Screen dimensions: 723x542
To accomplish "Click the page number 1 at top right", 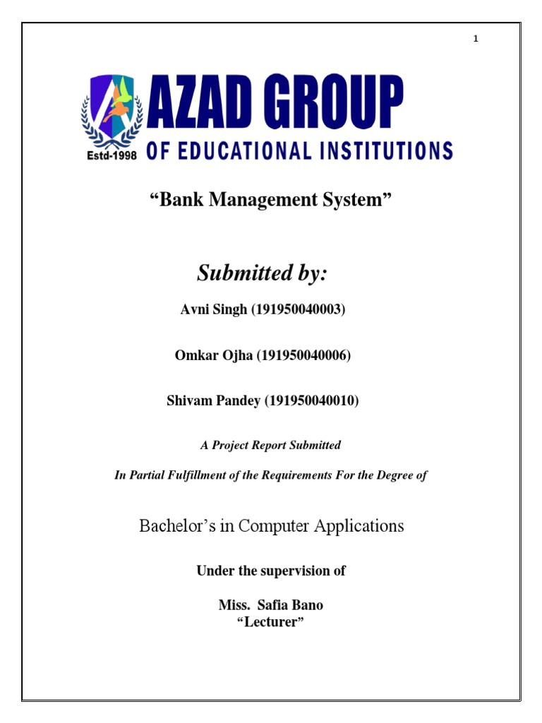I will tap(476, 39).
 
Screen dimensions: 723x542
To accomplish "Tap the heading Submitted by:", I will tap(263, 274).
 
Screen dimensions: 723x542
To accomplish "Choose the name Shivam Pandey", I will tap(213, 400).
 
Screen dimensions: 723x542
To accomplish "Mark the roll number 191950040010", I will tap(312, 400).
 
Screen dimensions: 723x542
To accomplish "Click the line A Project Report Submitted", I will tap(270, 446).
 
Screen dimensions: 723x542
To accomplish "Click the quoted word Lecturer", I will tap(271, 621).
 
